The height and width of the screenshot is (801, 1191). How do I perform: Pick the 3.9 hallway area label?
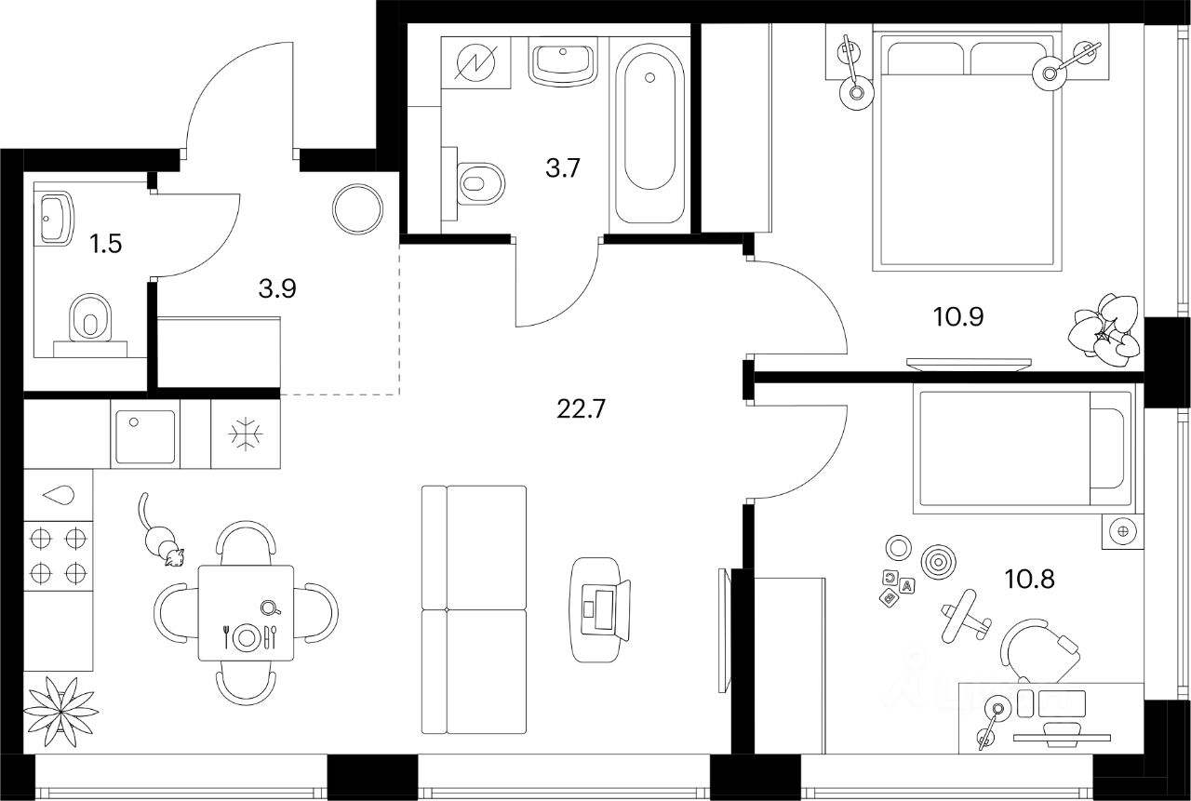click(276, 288)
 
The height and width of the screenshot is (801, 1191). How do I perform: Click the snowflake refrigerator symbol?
click(246, 434)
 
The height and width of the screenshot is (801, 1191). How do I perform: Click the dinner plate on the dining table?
click(247, 637)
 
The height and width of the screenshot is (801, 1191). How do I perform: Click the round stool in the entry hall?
click(357, 209)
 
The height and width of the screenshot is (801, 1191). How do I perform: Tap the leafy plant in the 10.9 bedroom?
click(1106, 327)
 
